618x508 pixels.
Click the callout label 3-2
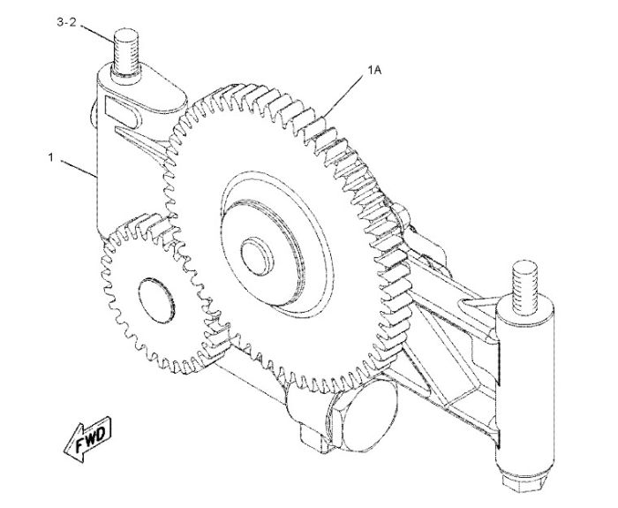tap(66, 22)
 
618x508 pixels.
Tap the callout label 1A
tap(374, 70)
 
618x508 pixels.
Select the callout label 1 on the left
tap(51, 157)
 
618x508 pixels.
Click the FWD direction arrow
tap(87, 438)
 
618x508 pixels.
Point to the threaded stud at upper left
tap(125, 51)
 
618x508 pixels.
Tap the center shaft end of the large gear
tap(257, 258)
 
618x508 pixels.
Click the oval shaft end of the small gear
tap(156, 300)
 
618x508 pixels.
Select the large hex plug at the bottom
tap(364, 414)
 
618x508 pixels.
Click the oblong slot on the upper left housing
tap(122, 112)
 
